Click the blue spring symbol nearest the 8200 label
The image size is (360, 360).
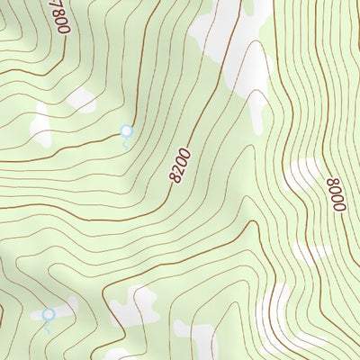(x=127, y=131)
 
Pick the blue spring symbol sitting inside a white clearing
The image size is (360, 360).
(x=49, y=314)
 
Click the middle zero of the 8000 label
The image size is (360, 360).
(x=337, y=198)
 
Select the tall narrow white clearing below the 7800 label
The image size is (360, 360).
(x=41, y=126)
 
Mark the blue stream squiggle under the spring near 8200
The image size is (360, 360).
(x=125, y=142)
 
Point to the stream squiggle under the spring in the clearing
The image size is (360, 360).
(x=47, y=326)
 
